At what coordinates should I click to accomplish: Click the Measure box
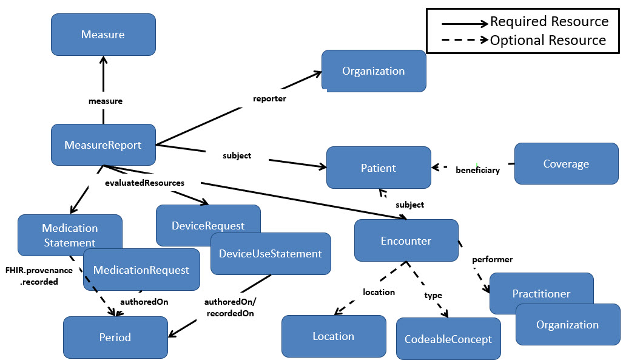point(103,35)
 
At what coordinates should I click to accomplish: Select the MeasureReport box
point(103,145)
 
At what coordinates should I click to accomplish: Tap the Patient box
point(379,168)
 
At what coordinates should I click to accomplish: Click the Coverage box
point(566,164)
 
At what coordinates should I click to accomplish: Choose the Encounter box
point(406,240)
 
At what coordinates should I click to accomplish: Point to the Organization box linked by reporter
point(373,71)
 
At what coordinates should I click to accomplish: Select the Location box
point(333,336)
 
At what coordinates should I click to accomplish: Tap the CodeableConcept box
point(448,339)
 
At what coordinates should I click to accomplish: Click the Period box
point(115,337)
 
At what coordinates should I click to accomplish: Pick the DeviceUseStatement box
point(271,253)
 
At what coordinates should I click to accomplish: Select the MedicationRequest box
point(141,270)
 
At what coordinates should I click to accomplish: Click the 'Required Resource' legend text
point(549,22)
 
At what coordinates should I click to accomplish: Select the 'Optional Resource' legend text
point(548,41)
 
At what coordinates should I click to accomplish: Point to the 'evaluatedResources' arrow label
point(144,182)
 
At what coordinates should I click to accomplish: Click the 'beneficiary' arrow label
point(477,171)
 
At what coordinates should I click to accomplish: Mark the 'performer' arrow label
point(493,260)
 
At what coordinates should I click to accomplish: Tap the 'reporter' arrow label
point(269,98)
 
